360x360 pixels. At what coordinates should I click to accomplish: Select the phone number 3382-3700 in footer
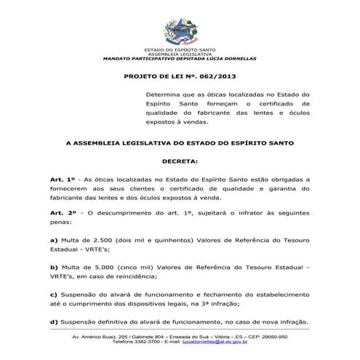point(147,342)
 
